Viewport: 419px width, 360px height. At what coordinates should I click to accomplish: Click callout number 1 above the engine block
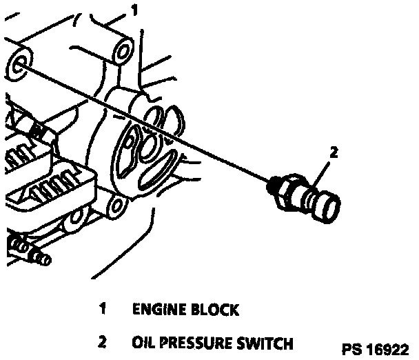click(135, 11)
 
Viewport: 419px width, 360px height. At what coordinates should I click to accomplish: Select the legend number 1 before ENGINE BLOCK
click(102, 309)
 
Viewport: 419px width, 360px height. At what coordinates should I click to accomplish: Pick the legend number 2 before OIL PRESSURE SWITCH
click(102, 341)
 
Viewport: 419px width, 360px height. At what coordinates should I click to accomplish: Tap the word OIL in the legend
click(143, 342)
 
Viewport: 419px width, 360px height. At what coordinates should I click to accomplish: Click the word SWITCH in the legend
click(268, 342)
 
